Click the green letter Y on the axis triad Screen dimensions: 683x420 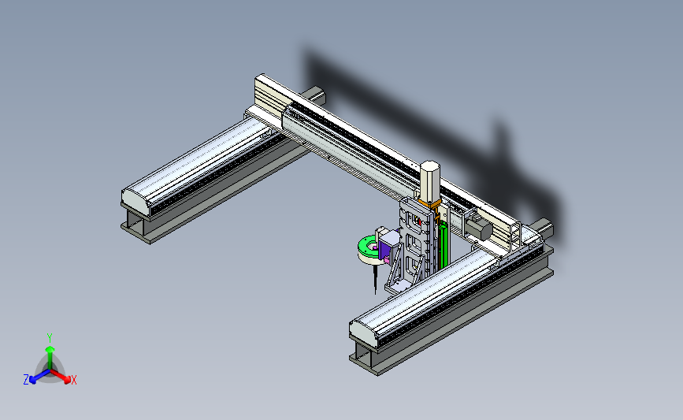pos(50,338)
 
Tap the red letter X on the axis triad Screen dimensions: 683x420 pos(73,380)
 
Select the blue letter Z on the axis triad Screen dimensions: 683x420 pos(26,380)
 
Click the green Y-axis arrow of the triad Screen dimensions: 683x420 pos(50,359)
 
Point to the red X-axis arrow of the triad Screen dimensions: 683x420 pos(61,376)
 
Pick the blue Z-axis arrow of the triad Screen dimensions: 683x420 pos(39,376)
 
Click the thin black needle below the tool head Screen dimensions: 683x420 pos(376,280)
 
